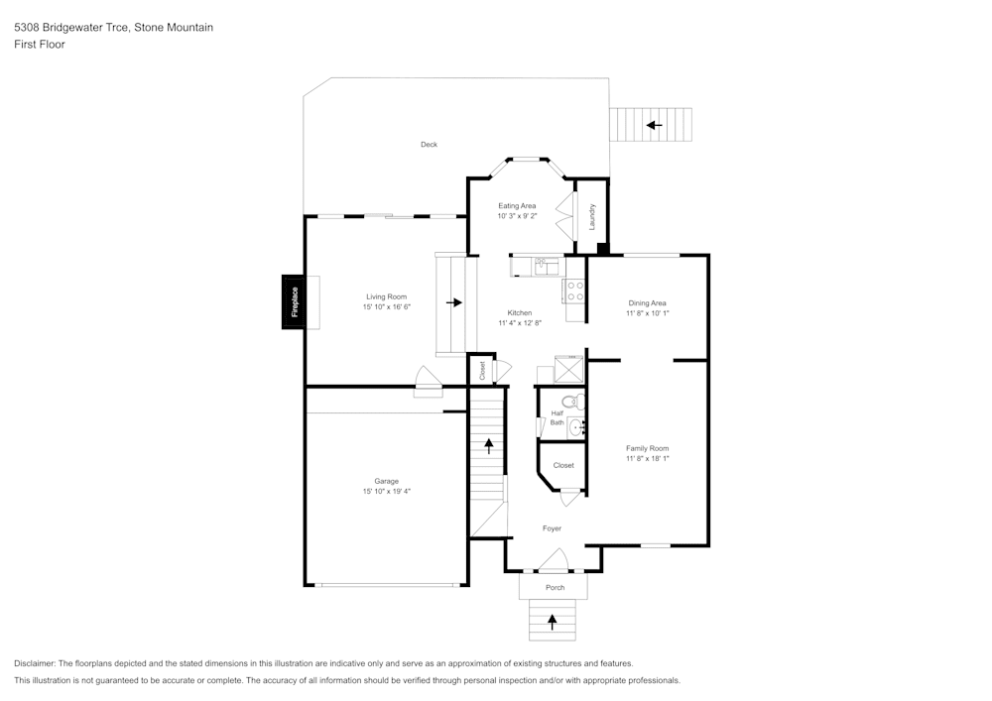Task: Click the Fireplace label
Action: pyautogui.click(x=295, y=302)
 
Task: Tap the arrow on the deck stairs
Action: pyautogui.click(x=654, y=125)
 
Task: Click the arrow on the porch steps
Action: pyautogui.click(x=553, y=623)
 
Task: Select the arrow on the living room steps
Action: pyautogui.click(x=454, y=302)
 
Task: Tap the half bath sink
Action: pyautogui.click(x=575, y=427)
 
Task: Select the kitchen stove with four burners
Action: pyautogui.click(x=574, y=291)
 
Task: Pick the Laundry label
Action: pyautogui.click(x=592, y=217)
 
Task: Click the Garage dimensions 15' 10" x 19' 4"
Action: pyautogui.click(x=387, y=491)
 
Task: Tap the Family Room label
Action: pyautogui.click(x=647, y=448)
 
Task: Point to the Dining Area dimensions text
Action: pyautogui.click(x=647, y=313)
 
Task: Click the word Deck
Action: pyautogui.click(x=429, y=145)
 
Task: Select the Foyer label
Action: pyautogui.click(x=552, y=528)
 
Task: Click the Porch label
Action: pyautogui.click(x=555, y=588)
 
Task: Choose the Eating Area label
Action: pyautogui.click(x=517, y=205)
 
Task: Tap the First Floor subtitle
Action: pyautogui.click(x=40, y=45)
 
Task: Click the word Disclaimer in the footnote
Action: pyautogui.click(x=35, y=663)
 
